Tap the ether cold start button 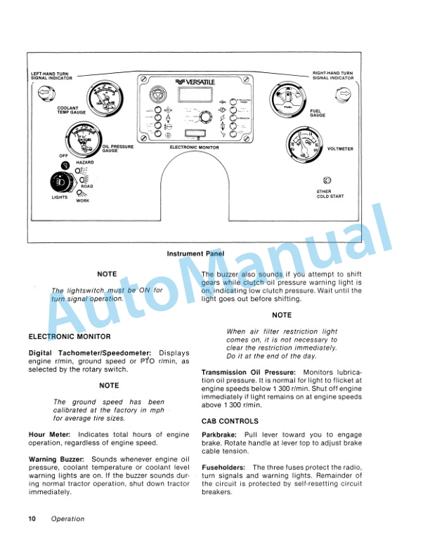coord(327,180)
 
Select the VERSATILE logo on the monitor coord(195,81)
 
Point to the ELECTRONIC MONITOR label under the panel coord(195,147)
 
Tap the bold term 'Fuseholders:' coord(223,467)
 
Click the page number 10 coord(32,519)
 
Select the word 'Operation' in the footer coord(67,519)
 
